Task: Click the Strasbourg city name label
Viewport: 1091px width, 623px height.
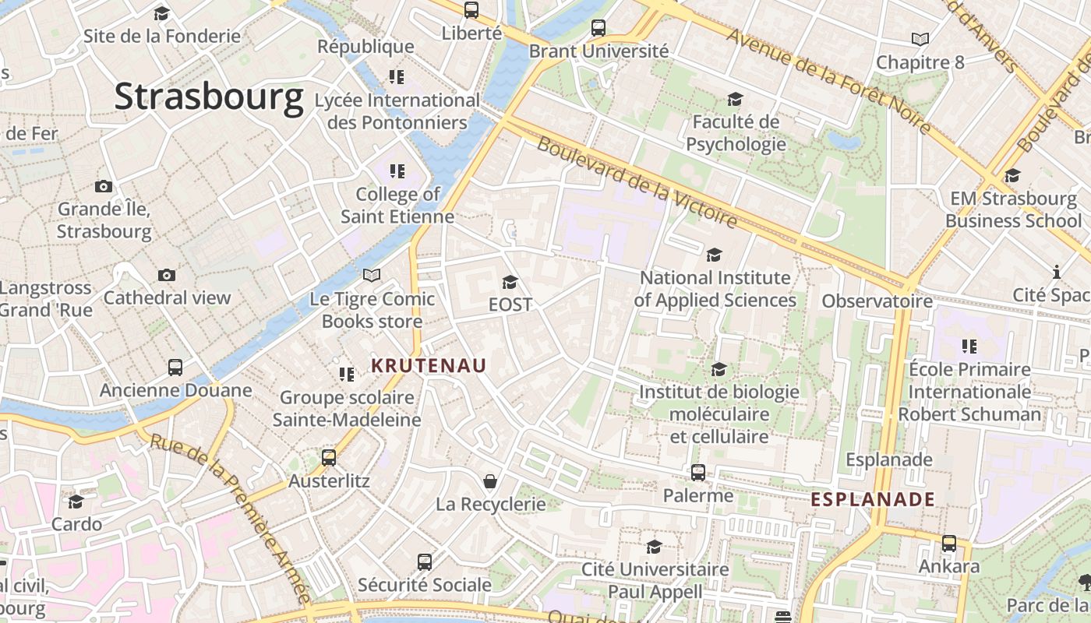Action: click(x=208, y=97)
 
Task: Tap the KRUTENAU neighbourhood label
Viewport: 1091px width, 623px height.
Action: click(x=429, y=365)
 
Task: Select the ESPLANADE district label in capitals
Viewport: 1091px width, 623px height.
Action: click(x=873, y=499)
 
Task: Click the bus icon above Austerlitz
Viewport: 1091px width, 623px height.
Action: click(x=329, y=458)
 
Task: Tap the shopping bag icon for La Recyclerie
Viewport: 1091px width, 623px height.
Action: click(x=490, y=481)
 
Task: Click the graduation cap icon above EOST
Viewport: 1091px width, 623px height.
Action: click(x=510, y=282)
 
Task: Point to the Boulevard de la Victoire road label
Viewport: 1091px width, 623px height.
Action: click(x=637, y=184)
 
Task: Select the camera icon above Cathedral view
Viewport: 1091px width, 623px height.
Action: click(x=167, y=275)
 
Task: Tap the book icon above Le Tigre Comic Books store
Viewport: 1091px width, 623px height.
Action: click(x=372, y=276)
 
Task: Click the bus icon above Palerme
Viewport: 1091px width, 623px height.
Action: click(x=698, y=473)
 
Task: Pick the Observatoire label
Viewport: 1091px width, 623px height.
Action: click(x=877, y=301)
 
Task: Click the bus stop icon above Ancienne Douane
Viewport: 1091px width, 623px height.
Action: click(x=175, y=368)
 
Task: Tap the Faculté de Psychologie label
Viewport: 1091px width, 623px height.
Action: click(x=736, y=133)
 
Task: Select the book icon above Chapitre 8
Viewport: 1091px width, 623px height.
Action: click(x=920, y=39)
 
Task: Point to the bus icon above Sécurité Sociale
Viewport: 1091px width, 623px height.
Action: click(x=425, y=562)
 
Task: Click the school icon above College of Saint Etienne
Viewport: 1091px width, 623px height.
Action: click(x=397, y=171)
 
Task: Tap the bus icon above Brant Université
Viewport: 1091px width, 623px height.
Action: click(x=598, y=28)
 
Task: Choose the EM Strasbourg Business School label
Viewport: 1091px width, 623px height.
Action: click(x=1013, y=209)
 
